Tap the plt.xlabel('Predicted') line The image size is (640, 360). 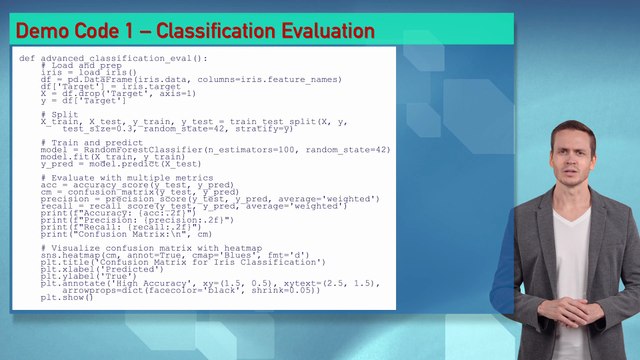pyautogui.click(x=96, y=269)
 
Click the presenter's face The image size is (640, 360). pyautogui.click(x=574, y=156)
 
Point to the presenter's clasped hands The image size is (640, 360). pyautogui.click(x=567, y=310)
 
